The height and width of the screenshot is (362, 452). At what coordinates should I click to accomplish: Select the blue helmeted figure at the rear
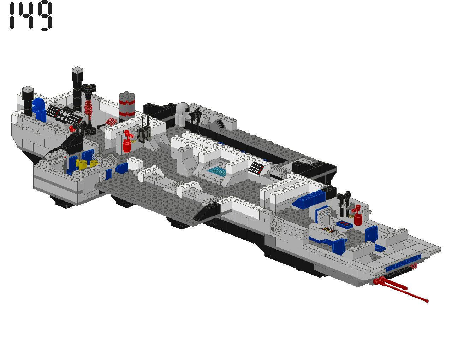point(39,110)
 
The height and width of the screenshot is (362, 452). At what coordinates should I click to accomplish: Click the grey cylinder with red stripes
point(127,105)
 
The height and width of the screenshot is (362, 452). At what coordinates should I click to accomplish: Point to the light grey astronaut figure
point(182,115)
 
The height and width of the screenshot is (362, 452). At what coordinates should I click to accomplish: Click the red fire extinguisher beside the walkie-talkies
point(127,141)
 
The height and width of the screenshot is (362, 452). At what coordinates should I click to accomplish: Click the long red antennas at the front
point(400,289)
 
